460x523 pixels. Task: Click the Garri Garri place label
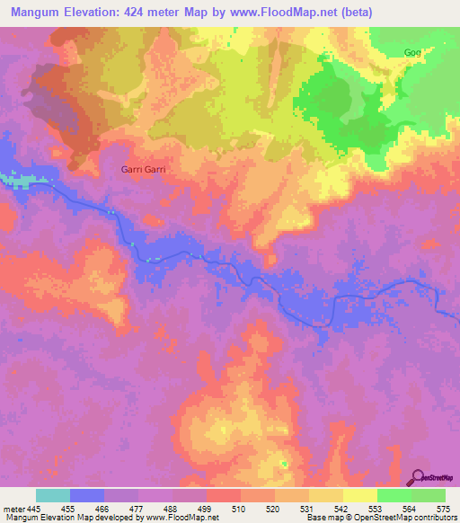[x=144, y=168]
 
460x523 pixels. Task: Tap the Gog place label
[x=412, y=52]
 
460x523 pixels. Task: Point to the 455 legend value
[x=70, y=508]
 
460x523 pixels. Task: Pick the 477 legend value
[x=138, y=508]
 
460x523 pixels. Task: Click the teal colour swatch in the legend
[x=53, y=495]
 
